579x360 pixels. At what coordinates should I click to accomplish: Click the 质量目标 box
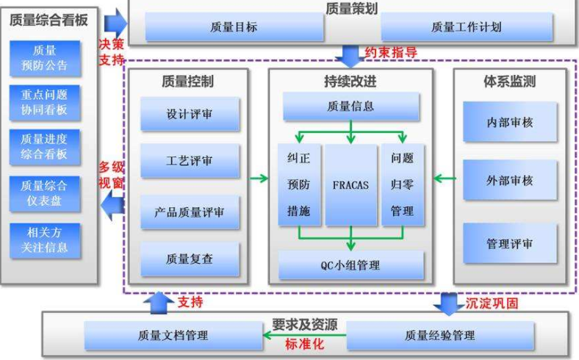pyautogui.click(x=234, y=27)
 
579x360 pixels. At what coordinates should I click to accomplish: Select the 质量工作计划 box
pyautogui.click(x=466, y=27)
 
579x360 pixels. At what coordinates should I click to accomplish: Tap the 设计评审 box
pyautogui.click(x=190, y=116)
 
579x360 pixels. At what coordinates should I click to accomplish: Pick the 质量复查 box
pyautogui.click(x=190, y=259)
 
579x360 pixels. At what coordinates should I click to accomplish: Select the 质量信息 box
pyautogui.click(x=350, y=107)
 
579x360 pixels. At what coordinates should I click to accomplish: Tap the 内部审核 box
pyautogui.click(x=509, y=122)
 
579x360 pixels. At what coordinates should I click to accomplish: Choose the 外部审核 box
pyautogui.click(x=509, y=181)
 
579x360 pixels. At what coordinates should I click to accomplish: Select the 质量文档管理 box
pyautogui.click(x=173, y=336)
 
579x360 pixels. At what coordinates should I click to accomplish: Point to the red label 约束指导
pyautogui.click(x=392, y=53)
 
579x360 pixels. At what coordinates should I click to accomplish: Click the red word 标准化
pyautogui.click(x=304, y=343)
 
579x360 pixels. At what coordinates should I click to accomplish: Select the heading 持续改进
pyautogui.click(x=350, y=81)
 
